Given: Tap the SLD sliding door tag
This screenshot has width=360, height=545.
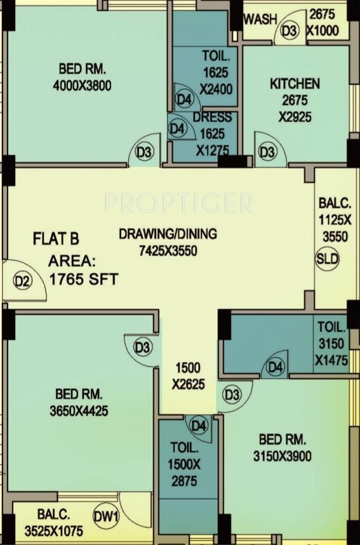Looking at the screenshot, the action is [x=327, y=259].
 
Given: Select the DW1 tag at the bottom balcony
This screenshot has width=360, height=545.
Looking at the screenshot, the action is [x=106, y=516].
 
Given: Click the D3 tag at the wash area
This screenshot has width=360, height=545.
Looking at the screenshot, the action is [x=290, y=31].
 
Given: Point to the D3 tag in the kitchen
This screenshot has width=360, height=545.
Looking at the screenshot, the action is [x=267, y=152].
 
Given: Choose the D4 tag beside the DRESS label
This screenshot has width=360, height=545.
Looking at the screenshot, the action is [x=177, y=129].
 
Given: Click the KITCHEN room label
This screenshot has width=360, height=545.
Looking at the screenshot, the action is [x=295, y=84].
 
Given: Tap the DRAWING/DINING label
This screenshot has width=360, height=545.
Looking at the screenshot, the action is [x=168, y=234].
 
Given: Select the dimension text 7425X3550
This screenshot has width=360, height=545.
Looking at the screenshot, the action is [x=168, y=251].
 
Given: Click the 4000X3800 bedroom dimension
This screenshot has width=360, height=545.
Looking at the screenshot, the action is [x=83, y=85].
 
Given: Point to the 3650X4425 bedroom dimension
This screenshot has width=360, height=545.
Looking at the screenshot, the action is [x=79, y=411].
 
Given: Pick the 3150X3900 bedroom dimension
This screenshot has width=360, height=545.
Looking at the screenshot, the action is [x=283, y=456].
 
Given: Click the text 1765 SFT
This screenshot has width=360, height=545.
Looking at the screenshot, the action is [x=84, y=279].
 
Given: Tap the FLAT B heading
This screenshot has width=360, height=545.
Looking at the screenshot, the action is [x=56, y=239].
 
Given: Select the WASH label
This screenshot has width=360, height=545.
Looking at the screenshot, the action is [x=260, y=20].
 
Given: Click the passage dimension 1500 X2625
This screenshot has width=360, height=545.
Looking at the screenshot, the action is [x=188, y=376].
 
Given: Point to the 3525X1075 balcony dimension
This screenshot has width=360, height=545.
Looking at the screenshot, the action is [x=54, y=531].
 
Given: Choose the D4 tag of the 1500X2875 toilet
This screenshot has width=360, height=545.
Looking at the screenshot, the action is [x=199, y=426].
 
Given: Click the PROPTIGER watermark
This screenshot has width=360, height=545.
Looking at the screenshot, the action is [x=178, y=203].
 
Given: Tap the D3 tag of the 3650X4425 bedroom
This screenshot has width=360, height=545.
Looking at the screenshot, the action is [x=142, y=347].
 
